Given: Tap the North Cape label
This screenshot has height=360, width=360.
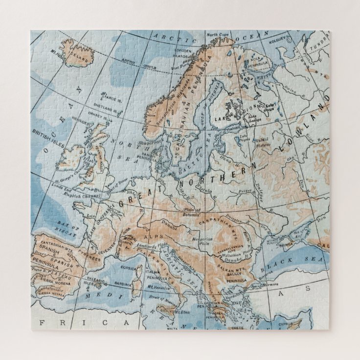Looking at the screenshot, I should tap(218, 35).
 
